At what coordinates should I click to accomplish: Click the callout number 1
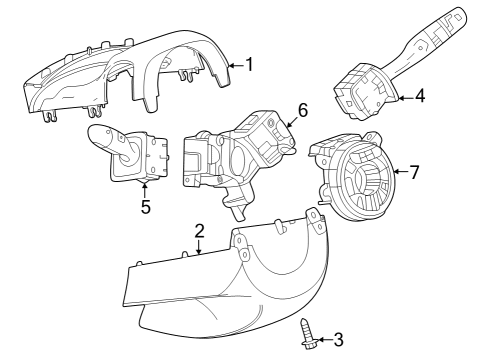pyautogui.click(x=249, y=65)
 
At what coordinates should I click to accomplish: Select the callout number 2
pyautogui.click(x=200, y=231)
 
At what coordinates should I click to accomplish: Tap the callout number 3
pyautogui.click(x=338, y=340)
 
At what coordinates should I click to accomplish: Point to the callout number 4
pyautogui.click(x=420, y=97)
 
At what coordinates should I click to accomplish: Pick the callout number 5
pyautogui.click(x=145, y=208)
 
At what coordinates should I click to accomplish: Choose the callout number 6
pyautogui.click(x=302, y=111)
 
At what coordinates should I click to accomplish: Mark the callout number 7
pyautogui.click(x=414, y=172)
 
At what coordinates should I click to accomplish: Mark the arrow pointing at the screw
pyautogui.click(x=322, y=340)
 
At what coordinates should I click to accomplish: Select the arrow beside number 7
pyautogui.click(x=399, y=172)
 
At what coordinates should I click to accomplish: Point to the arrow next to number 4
pyautogui.click(x=404, y=97)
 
